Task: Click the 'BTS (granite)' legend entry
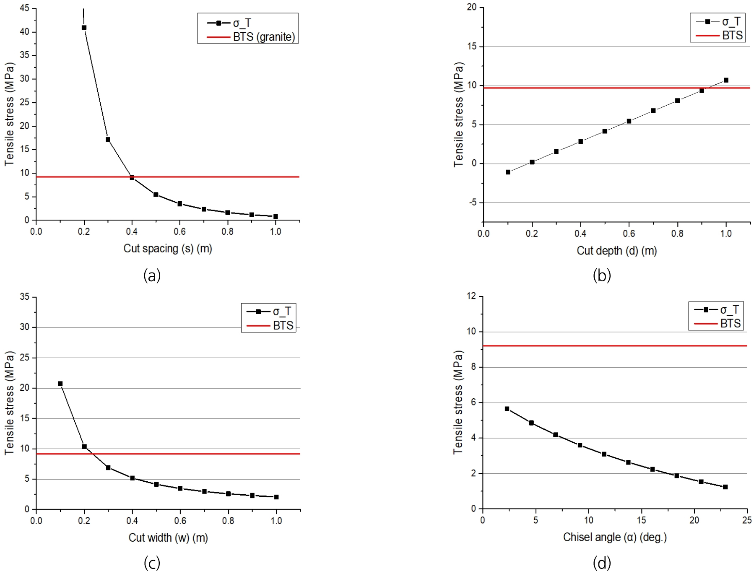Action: [x=263, y=37]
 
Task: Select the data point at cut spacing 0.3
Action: [x=108, y=140]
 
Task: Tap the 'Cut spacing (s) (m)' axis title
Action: [x=168, y=249]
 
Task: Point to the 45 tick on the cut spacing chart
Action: [x=24, y=8]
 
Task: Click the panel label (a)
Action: [x=152, y=275]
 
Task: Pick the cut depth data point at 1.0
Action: [x=726, y=80]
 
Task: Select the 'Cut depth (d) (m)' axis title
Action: [x=616, y=251]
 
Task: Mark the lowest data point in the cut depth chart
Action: [x=508, y=172]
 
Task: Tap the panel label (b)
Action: [x=602, y=275]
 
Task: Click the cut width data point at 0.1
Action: [x=60, y=384]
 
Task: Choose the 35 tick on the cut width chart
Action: [x=24, y=297]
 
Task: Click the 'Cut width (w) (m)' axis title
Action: [x=168, y=537]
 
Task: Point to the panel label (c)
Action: [x=152, y=563]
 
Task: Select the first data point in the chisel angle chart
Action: [x=507, y=409]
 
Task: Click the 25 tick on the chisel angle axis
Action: [x=747, y=520]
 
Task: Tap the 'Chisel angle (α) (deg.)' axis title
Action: [x=615, y=537]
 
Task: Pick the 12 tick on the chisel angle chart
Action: [x=472, y=296]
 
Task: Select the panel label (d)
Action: [x=602, y=563]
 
